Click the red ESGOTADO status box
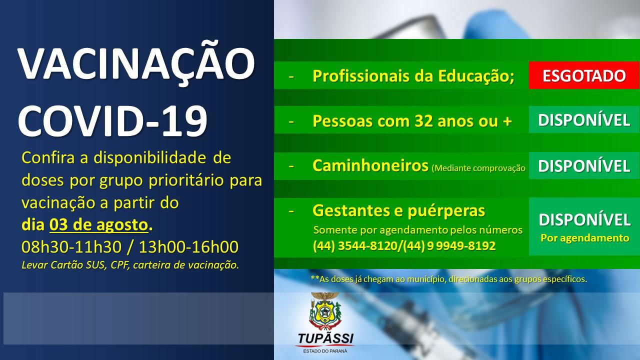tap(584, 75)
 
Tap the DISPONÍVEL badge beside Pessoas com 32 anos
tap(584, 119)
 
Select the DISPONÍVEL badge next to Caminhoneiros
tap(584, 165)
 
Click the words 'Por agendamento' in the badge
tap(585, 237)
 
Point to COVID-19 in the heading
tap(112, 121)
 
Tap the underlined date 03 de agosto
tap(99, 225)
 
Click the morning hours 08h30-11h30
tap(71, 247)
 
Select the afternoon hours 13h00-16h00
tap(188, 247)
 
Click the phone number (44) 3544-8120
tap(355, 245)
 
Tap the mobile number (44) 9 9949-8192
tap(449, 245)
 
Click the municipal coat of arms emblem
tap(325, 311)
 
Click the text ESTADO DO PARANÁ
tap(325, 351)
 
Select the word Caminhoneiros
tap(370, 165)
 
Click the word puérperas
tap(446, 211)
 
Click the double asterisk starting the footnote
tap(315, 277)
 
